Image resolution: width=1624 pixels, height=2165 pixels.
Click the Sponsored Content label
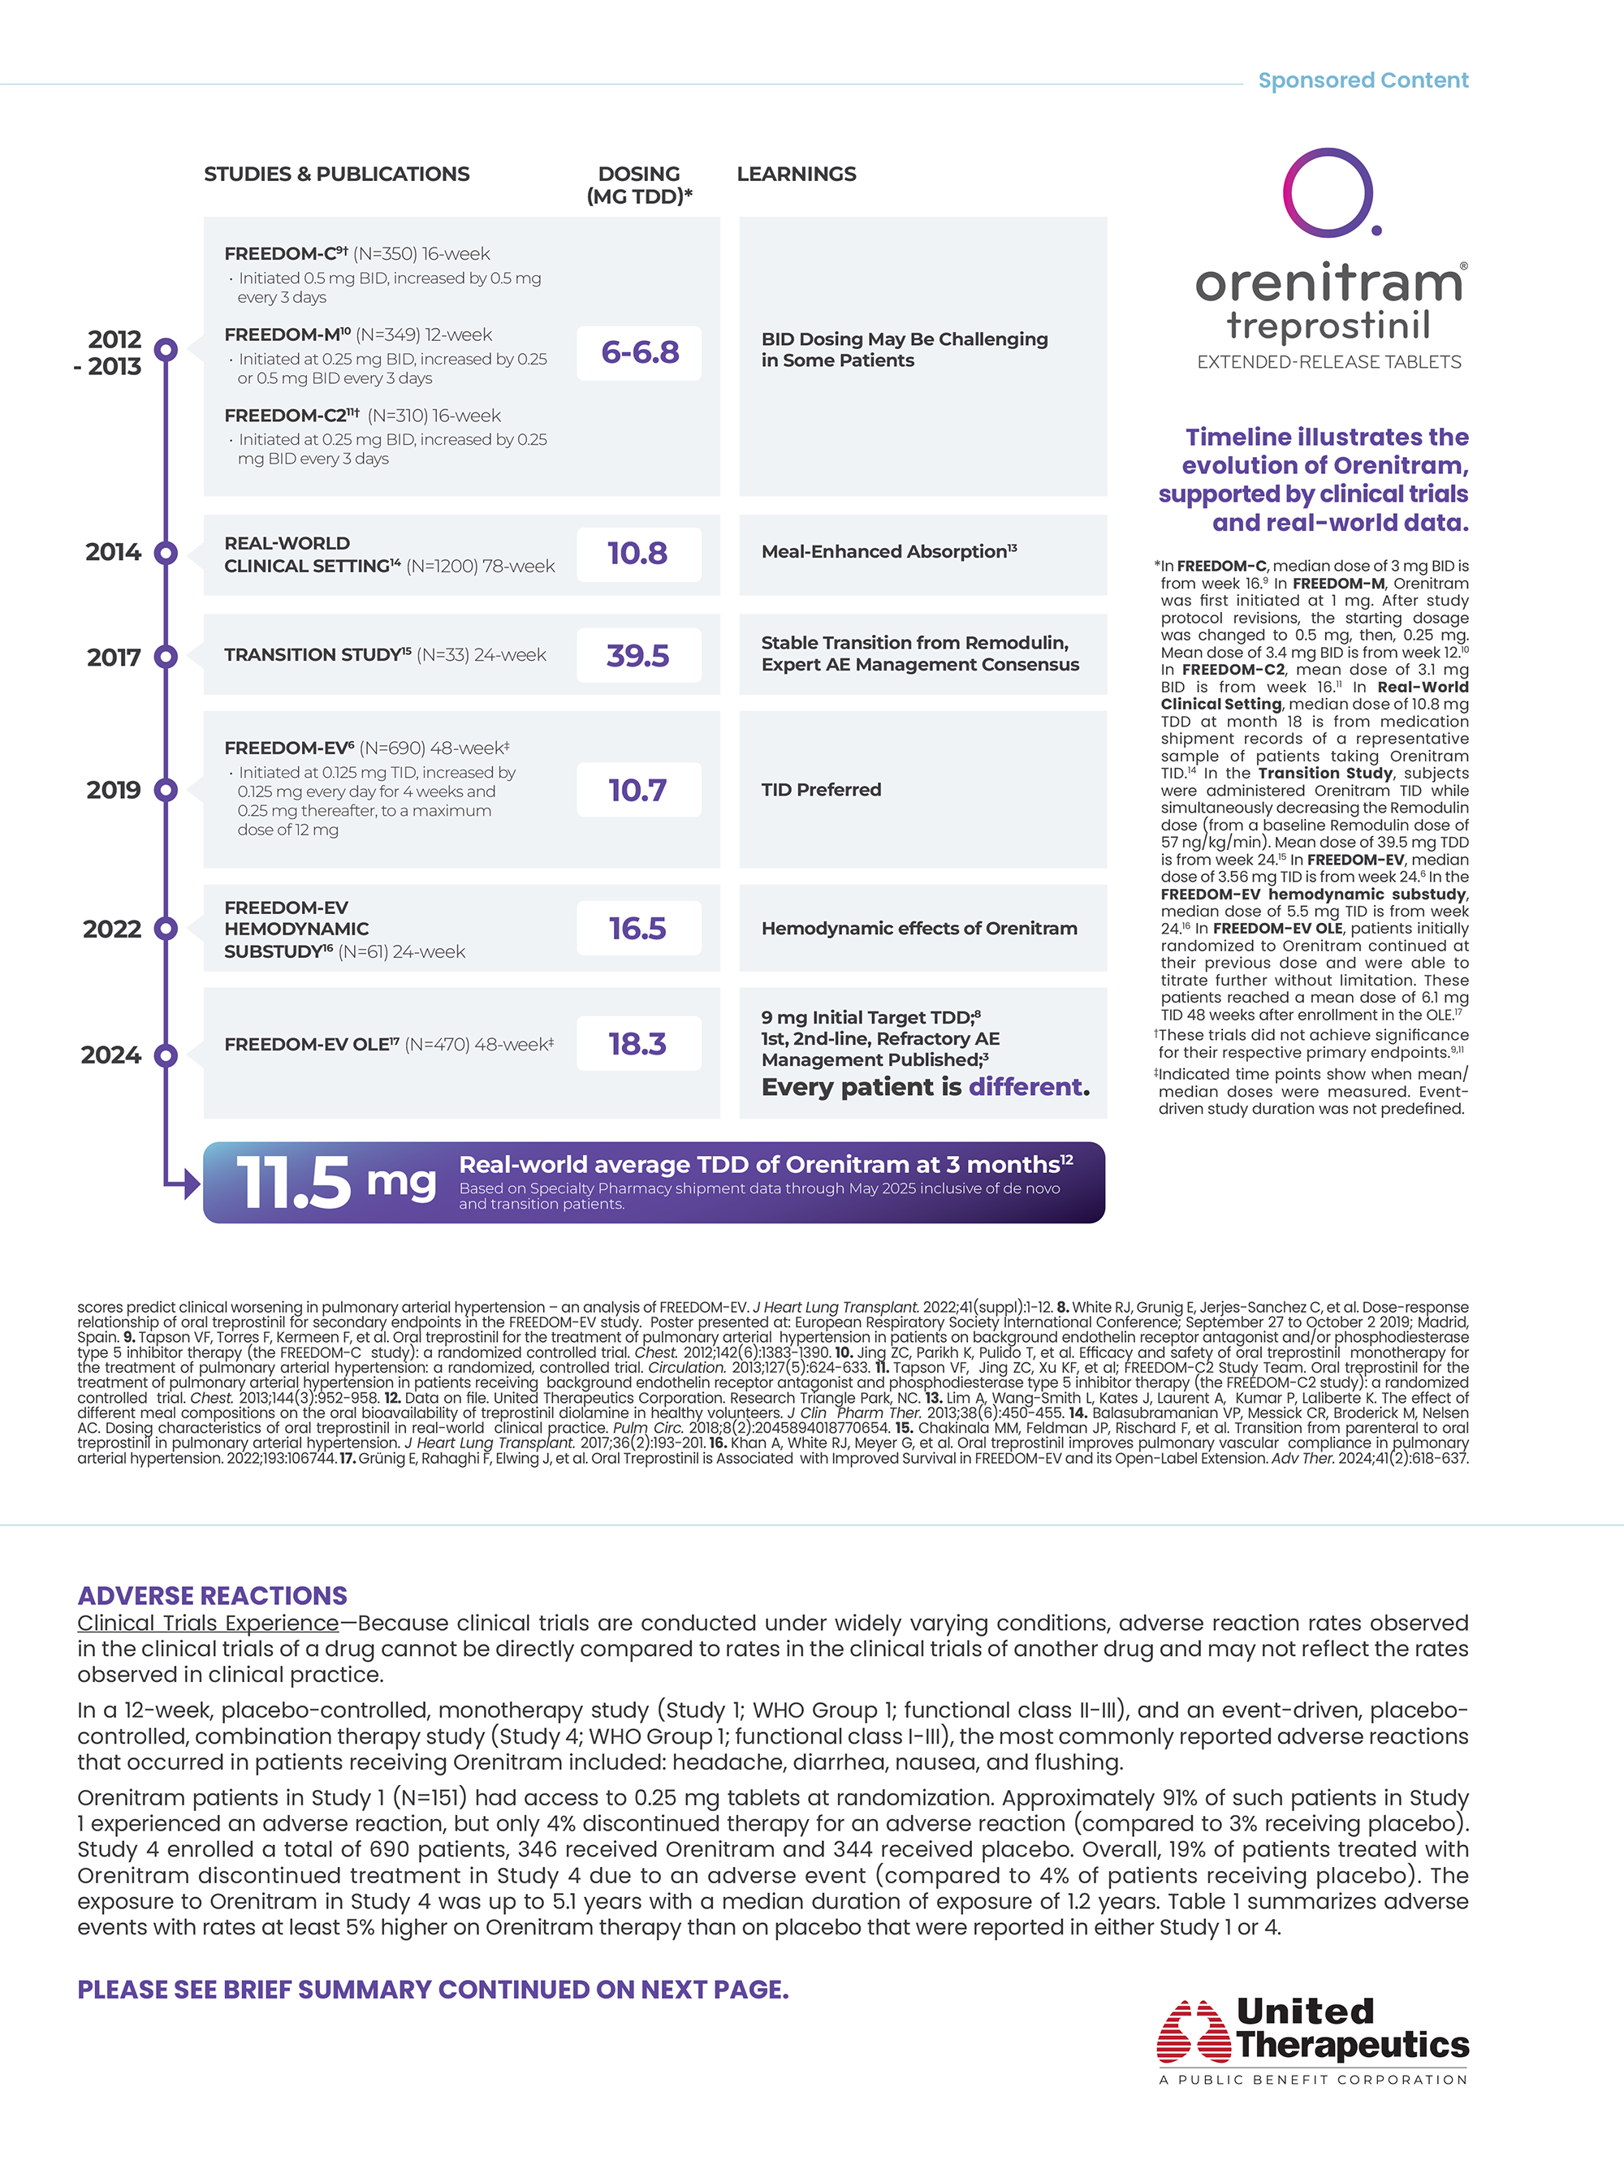(1363, 80)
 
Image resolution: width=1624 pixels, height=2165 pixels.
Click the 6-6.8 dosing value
(639, 352)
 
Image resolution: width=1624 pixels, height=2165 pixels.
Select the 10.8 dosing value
(637, 553)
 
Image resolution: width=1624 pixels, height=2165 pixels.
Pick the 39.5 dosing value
(637, 655)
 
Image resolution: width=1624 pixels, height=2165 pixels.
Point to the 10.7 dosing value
(637, 790)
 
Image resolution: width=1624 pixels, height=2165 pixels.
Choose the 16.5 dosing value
(637, 928)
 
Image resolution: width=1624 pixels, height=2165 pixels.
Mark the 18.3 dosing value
(637, 1043)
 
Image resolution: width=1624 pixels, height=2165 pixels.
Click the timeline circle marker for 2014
(166, 553)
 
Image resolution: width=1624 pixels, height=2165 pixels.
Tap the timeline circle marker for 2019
(166, 790)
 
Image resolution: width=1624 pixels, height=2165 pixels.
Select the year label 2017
(114, 658)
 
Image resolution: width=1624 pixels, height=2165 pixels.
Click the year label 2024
(110, 1055)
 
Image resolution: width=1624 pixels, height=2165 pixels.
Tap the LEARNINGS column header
(796, 175)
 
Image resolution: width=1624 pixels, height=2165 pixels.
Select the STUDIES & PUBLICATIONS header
(337, 175)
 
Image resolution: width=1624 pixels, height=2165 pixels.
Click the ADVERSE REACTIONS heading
(213, 1595)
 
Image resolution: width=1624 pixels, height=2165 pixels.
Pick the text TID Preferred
(821, 790)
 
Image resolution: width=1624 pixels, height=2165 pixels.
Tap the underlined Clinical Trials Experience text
(208, 1623)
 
